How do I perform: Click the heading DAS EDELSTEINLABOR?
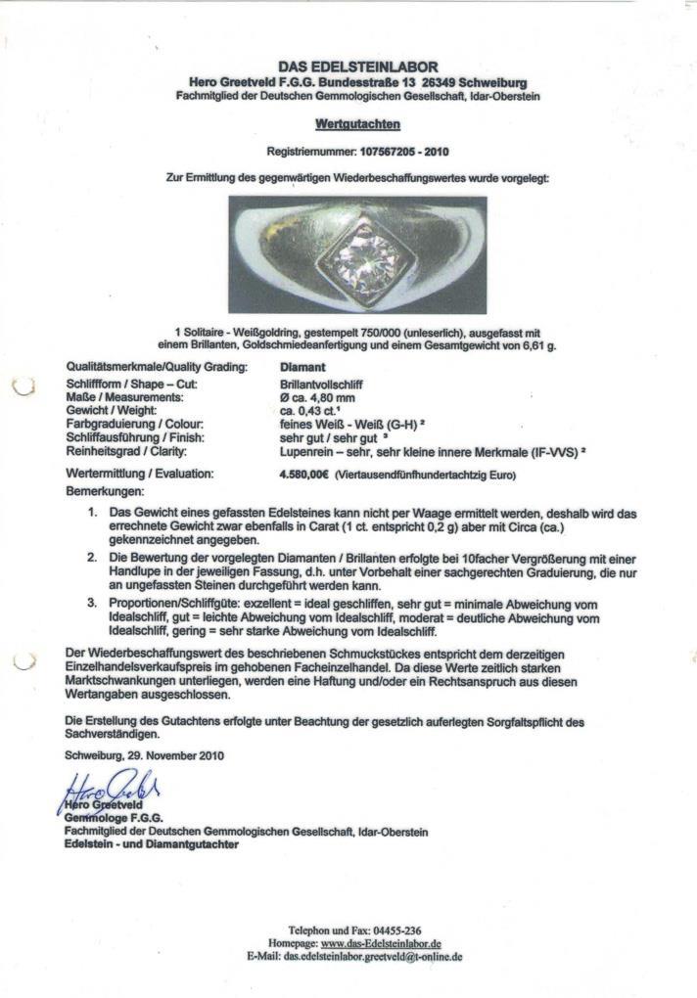pos(356,65)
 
